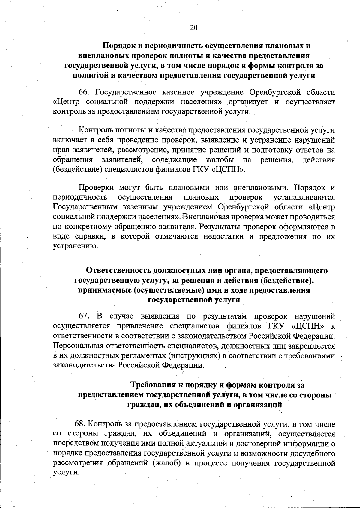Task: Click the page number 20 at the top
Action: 193,28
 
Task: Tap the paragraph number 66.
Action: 85,92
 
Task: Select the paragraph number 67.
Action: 85,316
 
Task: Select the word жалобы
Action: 220,159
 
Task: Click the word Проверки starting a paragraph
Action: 96,188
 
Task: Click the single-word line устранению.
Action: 71,246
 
